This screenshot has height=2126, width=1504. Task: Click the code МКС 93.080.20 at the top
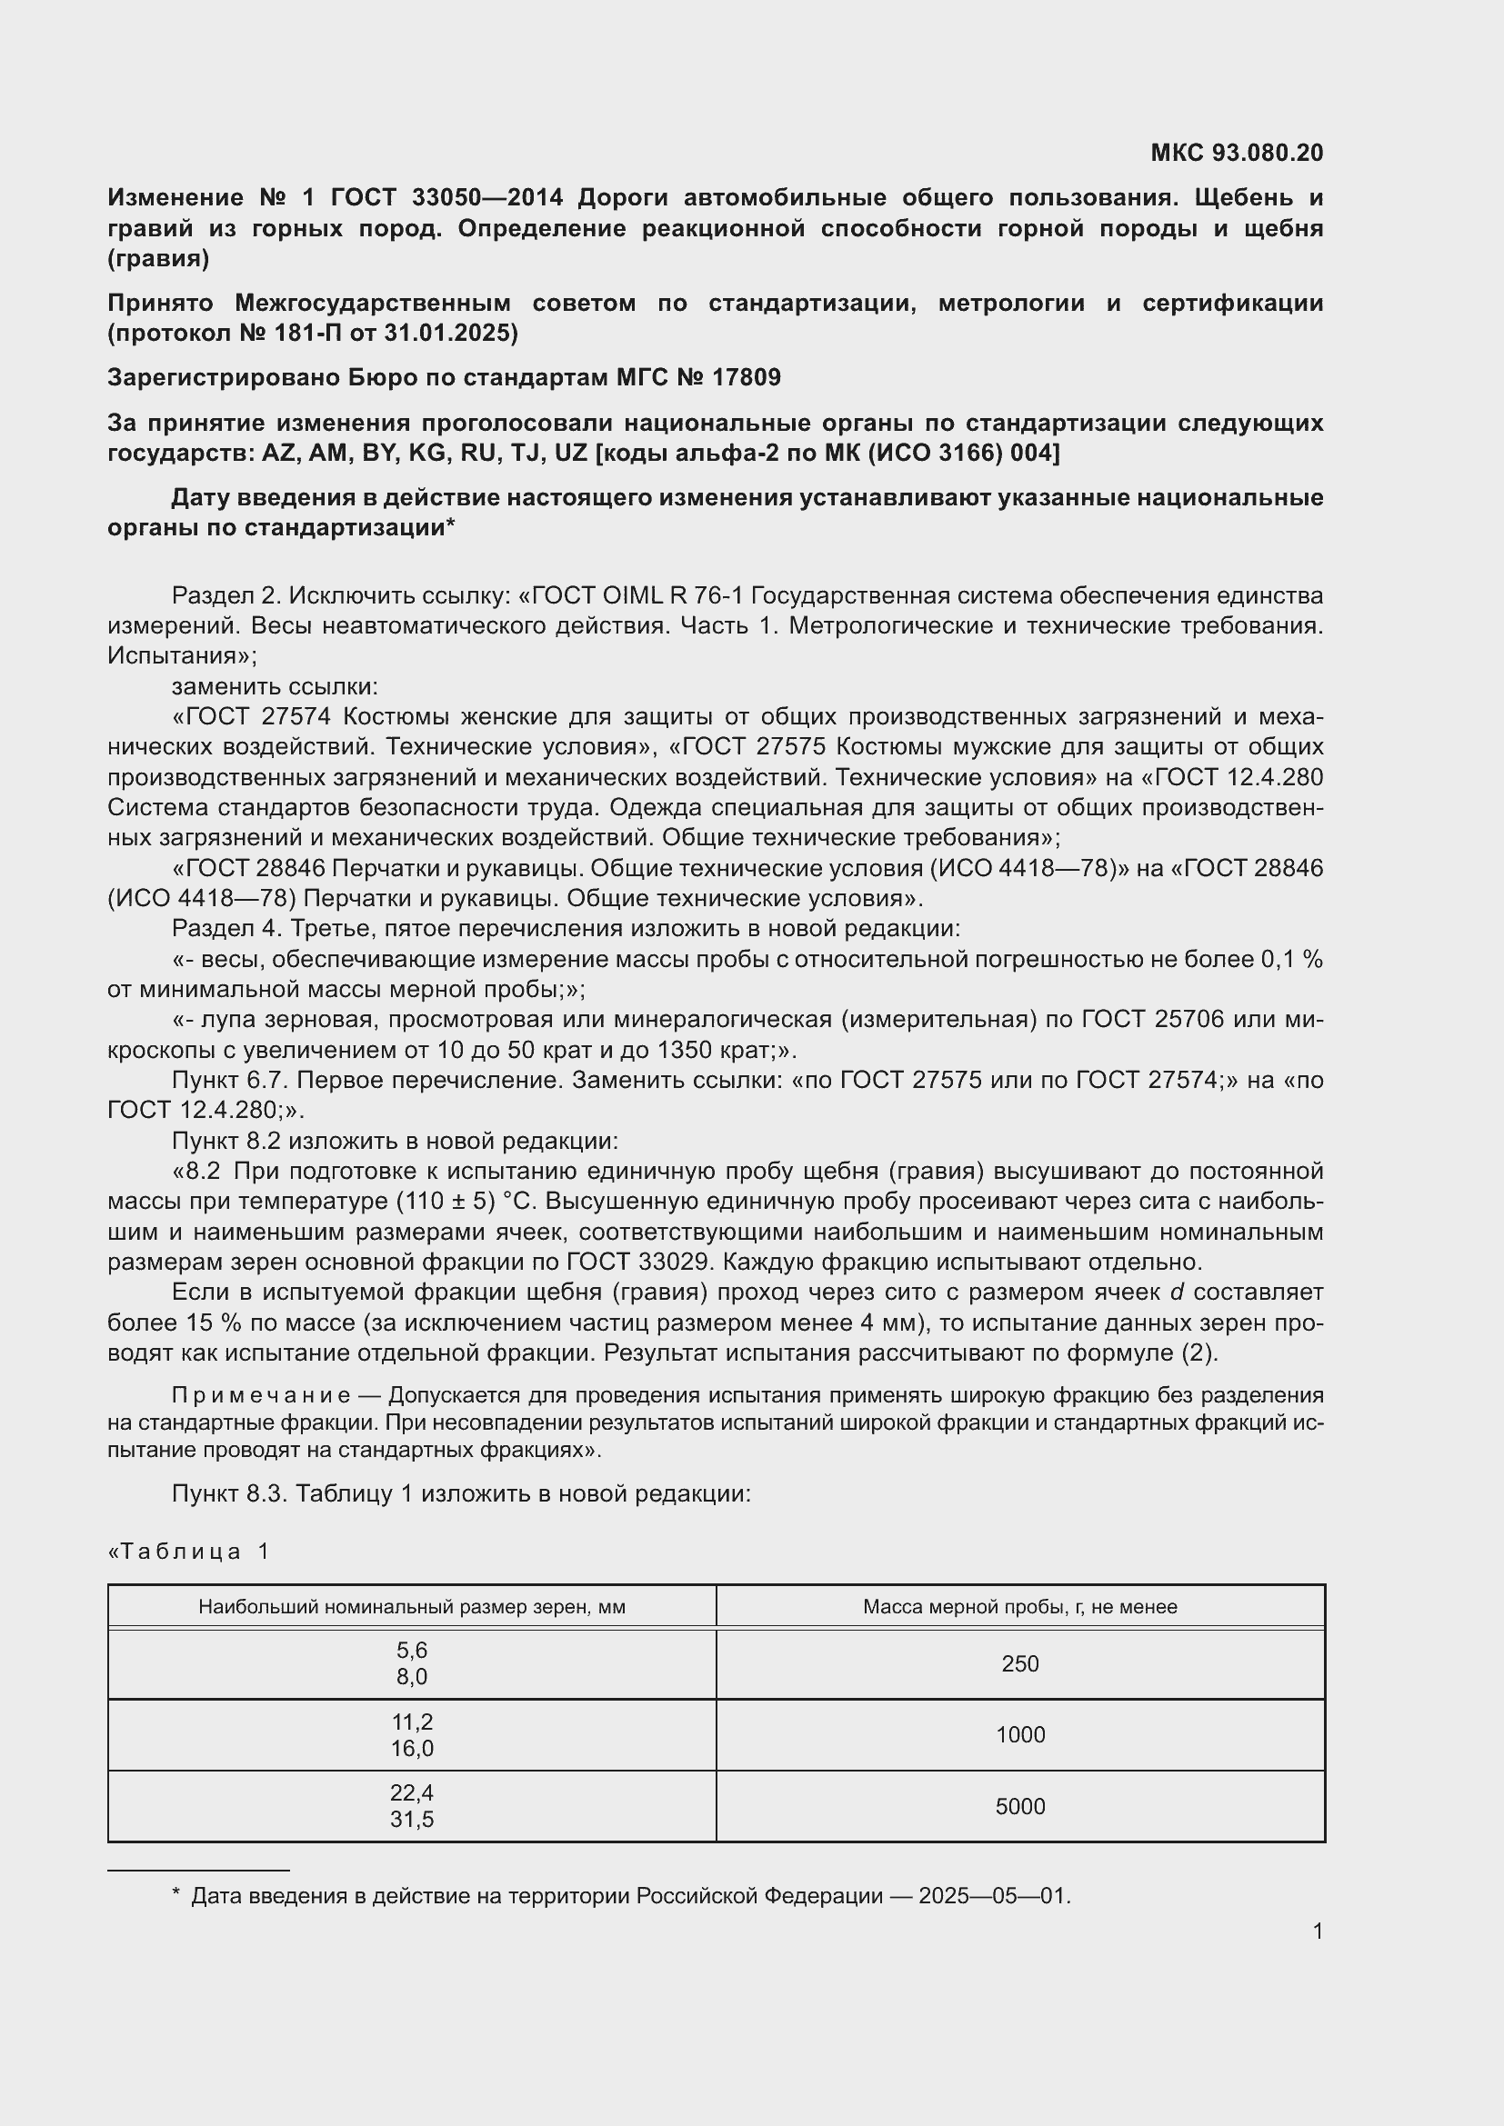pos(1237,153)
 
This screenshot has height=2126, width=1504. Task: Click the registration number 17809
pos(747,378)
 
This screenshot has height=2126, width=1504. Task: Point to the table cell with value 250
pos(1019,1664)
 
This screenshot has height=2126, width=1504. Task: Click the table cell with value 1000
pos(1019,1735)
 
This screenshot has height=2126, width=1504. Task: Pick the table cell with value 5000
pos(1019,1807)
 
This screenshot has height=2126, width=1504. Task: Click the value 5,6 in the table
pos(411,1651)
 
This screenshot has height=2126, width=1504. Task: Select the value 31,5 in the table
pos(411,1820)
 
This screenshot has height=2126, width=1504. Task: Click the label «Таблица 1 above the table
pos(189,1552)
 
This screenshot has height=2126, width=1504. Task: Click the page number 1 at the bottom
pos(1317,1931)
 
